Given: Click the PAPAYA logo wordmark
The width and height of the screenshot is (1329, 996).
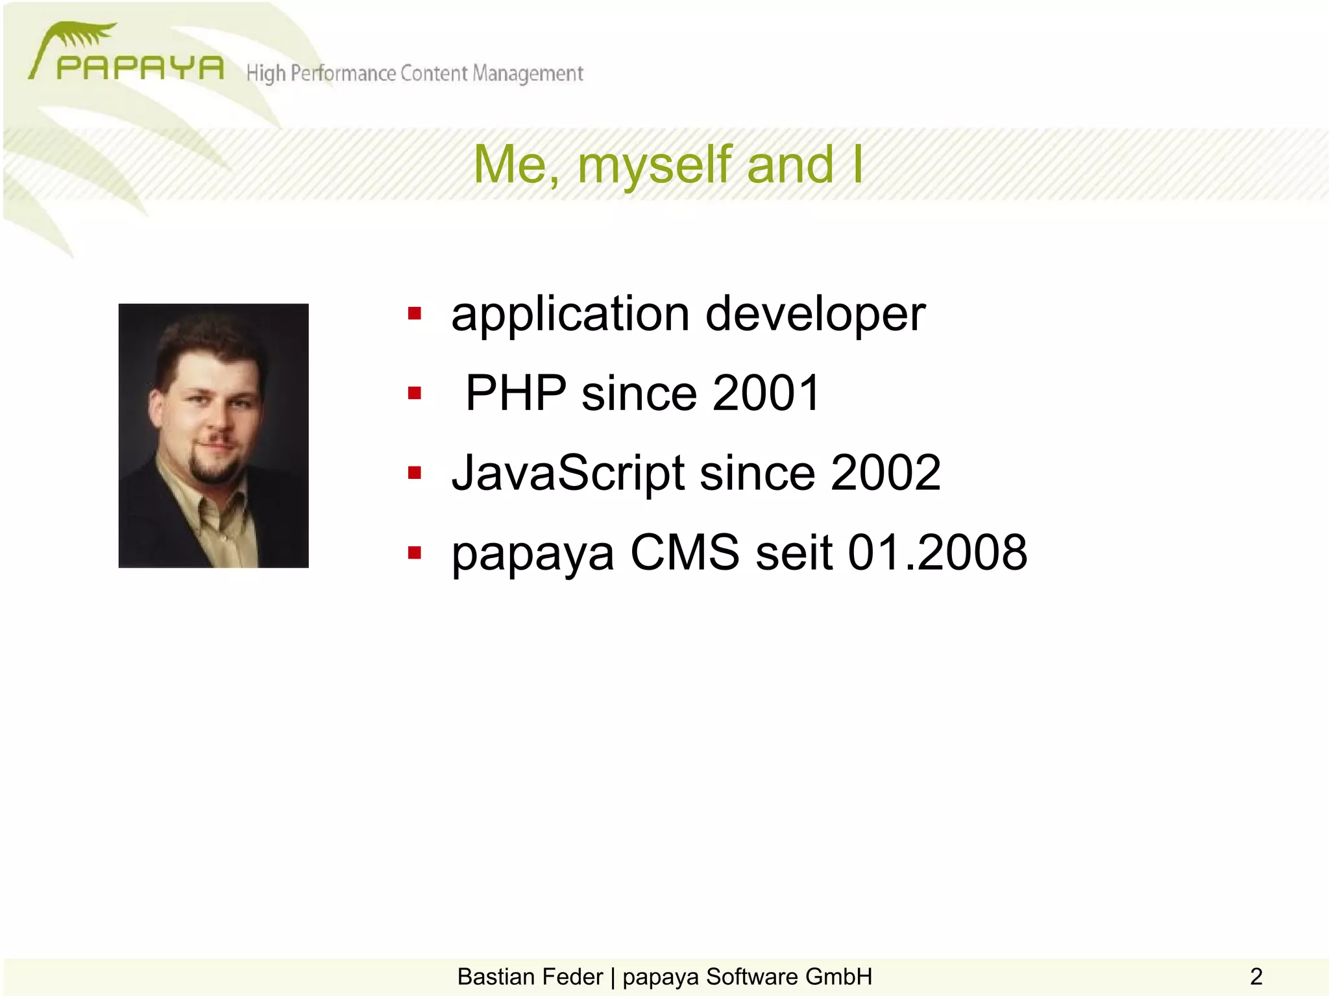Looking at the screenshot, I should point(140,67).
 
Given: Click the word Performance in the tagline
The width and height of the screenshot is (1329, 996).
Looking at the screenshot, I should point(343,73).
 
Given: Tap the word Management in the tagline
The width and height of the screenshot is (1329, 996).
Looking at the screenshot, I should point(528,73).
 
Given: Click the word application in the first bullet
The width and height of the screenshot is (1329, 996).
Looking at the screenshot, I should point(570,315).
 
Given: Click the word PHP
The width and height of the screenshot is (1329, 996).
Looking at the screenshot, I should point(516,393).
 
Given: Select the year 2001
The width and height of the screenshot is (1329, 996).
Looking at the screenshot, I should point(766,393).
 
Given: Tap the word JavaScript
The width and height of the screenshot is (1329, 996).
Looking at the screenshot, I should point(568,473).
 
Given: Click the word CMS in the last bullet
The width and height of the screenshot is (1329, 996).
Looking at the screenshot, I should point(685,553).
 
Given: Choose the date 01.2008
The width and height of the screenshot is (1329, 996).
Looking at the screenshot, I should point(938,553).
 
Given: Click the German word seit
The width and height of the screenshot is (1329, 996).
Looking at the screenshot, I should point(794,553).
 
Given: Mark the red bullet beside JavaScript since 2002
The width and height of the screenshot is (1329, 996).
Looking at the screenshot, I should point(415,473).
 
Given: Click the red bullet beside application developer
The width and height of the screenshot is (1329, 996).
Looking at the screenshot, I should point(415,315).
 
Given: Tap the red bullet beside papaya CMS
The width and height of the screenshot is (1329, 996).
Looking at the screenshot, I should point(415,553).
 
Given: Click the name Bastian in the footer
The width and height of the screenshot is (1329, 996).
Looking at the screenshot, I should point(498,977).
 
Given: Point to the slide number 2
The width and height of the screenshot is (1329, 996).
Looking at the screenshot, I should point(1256,977).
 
